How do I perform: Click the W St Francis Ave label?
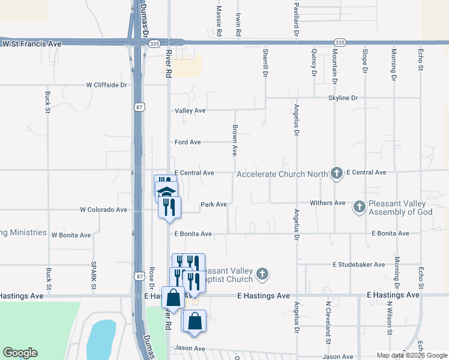click(x=32, y=44)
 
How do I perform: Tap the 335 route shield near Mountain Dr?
click(x=340, y=43)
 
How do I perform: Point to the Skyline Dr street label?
click(x=342, y=97)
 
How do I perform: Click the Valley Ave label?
click(x=190, y=111)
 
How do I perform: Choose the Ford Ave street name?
click(x=187, y=142)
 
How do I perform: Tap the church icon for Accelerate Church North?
click(x=336, y=173)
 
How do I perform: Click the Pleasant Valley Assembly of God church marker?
click(x=359, y=206)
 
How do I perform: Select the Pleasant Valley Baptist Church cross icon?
click(x=261, y=274)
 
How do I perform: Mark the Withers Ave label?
click(x=327, y=203)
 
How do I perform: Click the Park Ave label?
click(x=213, y=205)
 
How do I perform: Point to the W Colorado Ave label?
click(x=103, y=210)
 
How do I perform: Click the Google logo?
click(x=20, y=353)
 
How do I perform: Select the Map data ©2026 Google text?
click(x=411, y=355)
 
